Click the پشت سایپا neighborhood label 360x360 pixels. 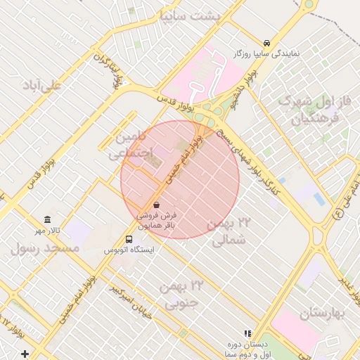190,15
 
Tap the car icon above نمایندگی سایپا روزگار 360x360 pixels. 266,43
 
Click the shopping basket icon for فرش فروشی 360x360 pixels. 155,205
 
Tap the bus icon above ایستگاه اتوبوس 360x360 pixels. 128,239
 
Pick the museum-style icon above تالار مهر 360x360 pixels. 47,220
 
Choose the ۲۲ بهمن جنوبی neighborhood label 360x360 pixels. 180,294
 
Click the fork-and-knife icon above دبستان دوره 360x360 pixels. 247,333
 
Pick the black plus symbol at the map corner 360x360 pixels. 25,353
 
